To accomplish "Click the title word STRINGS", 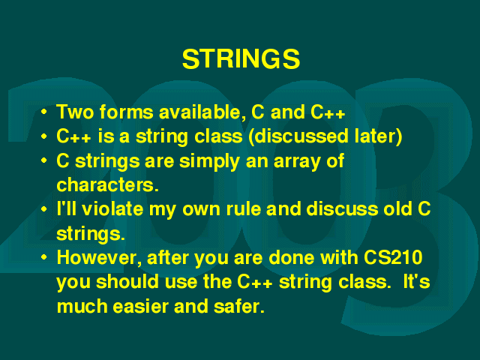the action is point(241,58).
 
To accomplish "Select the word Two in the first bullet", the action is point(75,112).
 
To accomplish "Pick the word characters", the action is point(107,185).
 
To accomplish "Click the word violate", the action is point(112,209).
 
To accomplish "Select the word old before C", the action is point(397,208).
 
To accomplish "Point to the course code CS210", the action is point(393,257).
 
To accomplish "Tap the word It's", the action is point(417,282).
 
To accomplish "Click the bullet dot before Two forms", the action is point(44,112).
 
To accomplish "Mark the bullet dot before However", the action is point(44,257).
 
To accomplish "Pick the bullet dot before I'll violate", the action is point(44,209).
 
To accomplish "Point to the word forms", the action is point(126,112).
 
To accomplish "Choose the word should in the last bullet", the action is point(127,282).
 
